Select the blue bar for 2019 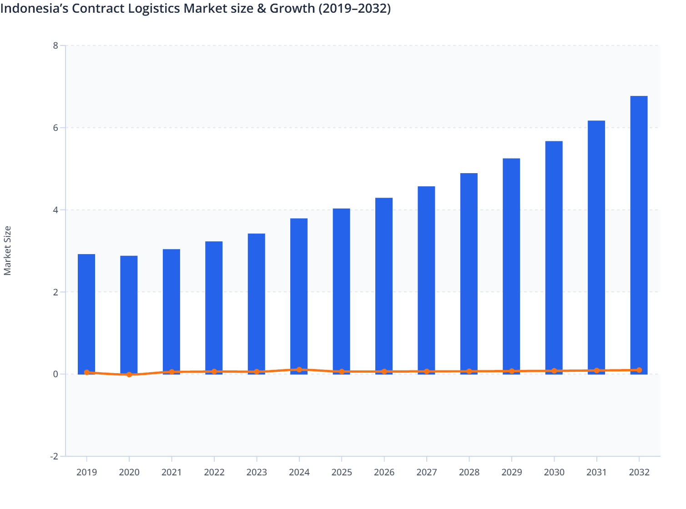pos(86,314)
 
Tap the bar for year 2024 pos(299,296)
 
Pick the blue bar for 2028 pos(469,273)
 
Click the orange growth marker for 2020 pos(129,374)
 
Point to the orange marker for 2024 pos(299,369)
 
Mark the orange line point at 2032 pos(639,370)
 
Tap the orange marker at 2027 pos(427,371)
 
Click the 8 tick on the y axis pos(55,45)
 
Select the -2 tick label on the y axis pos(54,456)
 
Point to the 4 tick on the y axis pos(55,210)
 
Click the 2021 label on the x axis pos(171,472)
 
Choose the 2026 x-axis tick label pos(384,472)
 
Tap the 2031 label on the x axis pos(596,472)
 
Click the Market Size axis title pos(8,250)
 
